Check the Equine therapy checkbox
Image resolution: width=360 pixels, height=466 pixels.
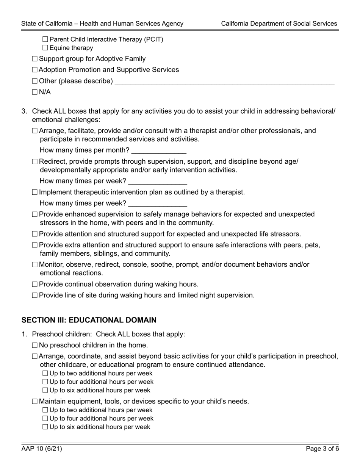(45, 48)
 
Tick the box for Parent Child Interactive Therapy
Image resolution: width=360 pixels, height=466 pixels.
(45, 39)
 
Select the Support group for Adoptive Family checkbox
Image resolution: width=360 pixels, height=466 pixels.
(35, 59)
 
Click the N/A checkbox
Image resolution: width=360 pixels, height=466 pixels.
(35, 92)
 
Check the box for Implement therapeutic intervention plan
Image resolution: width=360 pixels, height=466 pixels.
(35, 192)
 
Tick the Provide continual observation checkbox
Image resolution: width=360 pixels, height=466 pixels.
(35, 285)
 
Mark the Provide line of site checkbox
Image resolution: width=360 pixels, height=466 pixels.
(35, 296)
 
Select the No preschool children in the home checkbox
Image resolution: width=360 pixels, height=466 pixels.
(35, 346)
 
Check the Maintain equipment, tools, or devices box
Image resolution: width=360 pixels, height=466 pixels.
(35, 402)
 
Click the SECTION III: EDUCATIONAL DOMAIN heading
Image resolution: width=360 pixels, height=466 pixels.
(89, 320)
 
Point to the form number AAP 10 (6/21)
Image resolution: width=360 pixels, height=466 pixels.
(42, 449)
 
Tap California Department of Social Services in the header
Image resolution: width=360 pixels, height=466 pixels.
(279, 23)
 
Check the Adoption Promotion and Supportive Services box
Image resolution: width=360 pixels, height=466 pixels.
(35, 70)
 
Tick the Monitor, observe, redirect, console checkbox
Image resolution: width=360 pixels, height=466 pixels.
(35, 265)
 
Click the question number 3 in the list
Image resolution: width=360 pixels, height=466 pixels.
(24, 111)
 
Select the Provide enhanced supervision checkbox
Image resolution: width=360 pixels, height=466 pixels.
(35, 215)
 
